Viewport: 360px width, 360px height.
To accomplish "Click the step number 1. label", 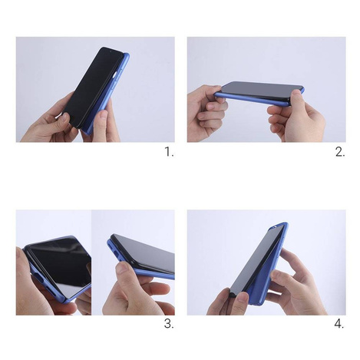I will point(169,152).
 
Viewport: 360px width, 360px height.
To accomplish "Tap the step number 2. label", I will point(340,152).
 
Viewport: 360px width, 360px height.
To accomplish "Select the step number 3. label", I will point(169,324).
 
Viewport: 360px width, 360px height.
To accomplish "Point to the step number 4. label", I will point(339,324).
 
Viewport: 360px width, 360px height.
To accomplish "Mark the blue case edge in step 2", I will point(261,96).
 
